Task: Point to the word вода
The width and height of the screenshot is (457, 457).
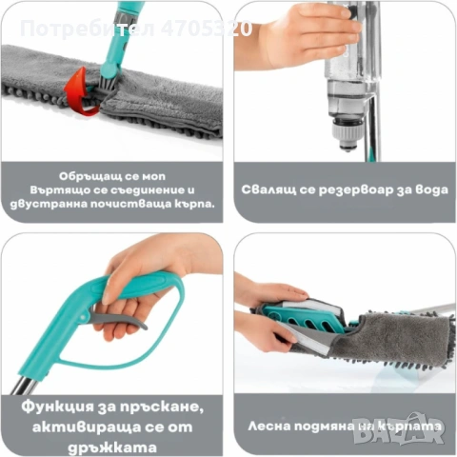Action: tap(422, 189)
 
